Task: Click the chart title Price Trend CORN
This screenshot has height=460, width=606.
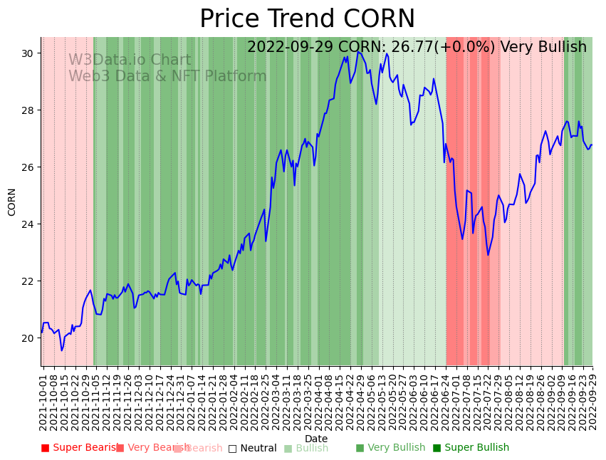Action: (x=307, y=19)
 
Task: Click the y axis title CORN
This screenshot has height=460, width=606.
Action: (x=12, y=202)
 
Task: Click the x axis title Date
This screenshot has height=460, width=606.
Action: (x=316, y=439)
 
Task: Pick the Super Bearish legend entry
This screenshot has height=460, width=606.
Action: (x=80, y=448)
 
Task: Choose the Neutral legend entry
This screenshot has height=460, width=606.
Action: (x=252, y=448)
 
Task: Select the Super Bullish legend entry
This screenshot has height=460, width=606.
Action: (x=471, y=448)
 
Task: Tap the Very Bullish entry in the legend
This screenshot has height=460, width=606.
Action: (x=390, y=448)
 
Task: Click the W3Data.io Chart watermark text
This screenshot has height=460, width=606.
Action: (x=130, y=61)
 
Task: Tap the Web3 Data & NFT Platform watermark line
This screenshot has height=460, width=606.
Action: (x=167, y=76)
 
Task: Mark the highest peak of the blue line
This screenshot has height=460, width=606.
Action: (x=358, y=51)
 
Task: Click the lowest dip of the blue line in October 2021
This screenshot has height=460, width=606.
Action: (x=62, y=350)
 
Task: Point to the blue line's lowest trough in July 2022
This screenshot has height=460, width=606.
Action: (x=488, y=255)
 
